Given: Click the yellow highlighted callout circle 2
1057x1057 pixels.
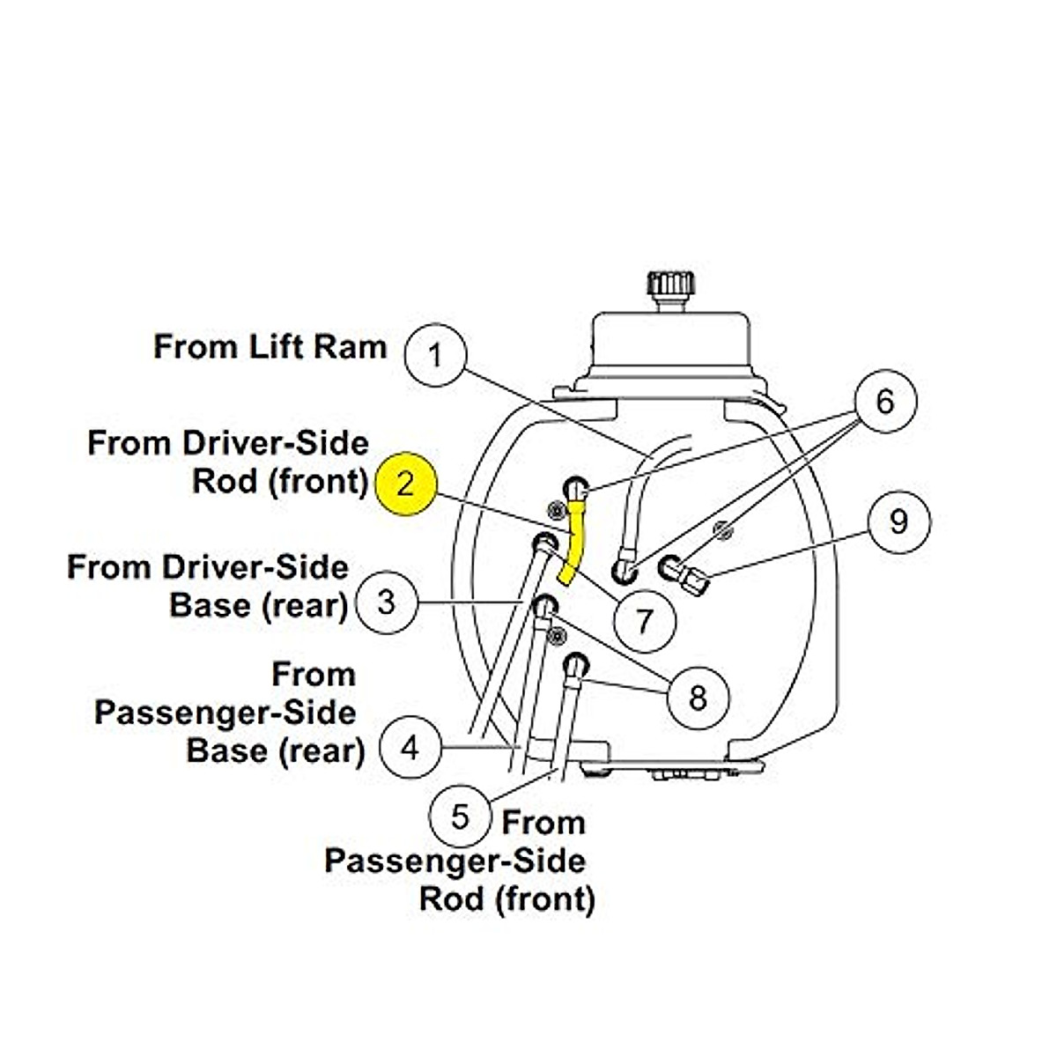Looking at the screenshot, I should coord(404,484).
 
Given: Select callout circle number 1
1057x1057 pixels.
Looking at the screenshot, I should coord(434,355).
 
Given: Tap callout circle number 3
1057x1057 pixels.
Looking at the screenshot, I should coord(386,602).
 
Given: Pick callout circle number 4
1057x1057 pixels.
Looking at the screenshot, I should coord(410,748).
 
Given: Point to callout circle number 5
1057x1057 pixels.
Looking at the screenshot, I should coord(460,817).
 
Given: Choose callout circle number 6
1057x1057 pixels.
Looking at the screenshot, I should coord(885,402).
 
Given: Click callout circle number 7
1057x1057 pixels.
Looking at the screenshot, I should coord(645,620).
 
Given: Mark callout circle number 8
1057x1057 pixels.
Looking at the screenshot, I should coord(698,698).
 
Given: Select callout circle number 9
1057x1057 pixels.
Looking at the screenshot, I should coord(898,521).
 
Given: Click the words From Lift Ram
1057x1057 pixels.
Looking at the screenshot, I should coord(270,346).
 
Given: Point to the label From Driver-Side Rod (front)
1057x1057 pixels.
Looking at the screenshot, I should coord(228,462).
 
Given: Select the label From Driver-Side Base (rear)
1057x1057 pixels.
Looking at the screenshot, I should coord(208,586).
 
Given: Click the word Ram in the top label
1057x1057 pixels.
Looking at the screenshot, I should coord(356,346).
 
